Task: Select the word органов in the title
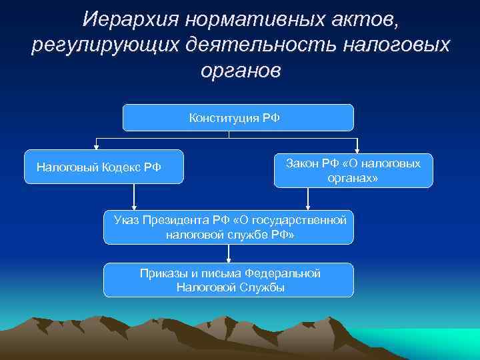tap(241, 71)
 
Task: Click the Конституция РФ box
tap(238, 118)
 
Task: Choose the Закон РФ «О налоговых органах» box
tap(353, 171)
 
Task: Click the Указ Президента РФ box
tap(229, 227)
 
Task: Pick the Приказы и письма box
tap(229, 280)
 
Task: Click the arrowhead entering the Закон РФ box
tap(358, 149)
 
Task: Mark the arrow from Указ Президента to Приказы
tap(229, 254)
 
